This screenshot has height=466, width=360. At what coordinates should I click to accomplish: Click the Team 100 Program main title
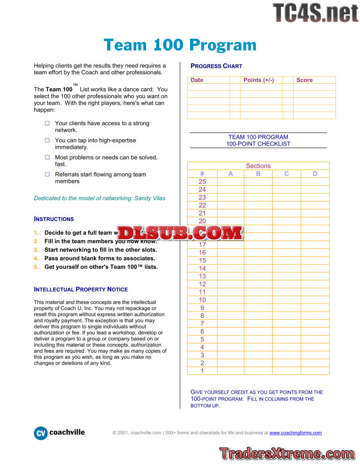(180, 45)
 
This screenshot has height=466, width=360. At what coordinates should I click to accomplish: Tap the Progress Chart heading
(216, 66)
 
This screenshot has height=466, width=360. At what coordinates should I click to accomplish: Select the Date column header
(197, 80)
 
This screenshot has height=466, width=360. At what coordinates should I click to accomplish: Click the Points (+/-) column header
(259, 80)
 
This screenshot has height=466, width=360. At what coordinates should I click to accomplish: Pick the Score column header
(304, 80)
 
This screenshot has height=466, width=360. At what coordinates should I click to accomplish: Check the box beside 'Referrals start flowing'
(47, 174)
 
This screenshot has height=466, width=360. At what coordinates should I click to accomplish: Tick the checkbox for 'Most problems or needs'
(47, 157)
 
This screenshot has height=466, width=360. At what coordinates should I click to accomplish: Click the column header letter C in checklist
(286, 174)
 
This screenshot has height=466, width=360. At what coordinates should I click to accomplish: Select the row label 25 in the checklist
(202, 182)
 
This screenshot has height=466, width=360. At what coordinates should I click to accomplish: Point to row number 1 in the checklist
(202, 371)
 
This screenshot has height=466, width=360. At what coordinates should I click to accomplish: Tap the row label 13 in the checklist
(202, 276)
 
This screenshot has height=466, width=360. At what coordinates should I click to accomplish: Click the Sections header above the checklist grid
(258, 166)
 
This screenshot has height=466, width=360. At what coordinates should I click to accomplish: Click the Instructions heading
(54, 219)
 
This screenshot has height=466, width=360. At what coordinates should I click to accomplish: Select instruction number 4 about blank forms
(100, 258)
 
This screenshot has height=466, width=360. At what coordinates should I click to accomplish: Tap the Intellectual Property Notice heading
(81, 289)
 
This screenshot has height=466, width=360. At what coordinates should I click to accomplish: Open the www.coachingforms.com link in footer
(295, 433)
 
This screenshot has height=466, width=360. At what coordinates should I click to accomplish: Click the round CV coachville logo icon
(41, 433)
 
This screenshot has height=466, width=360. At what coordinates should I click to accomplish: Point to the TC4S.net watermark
(315, 12)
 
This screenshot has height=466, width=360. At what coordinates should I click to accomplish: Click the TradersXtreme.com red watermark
(287, 453)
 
